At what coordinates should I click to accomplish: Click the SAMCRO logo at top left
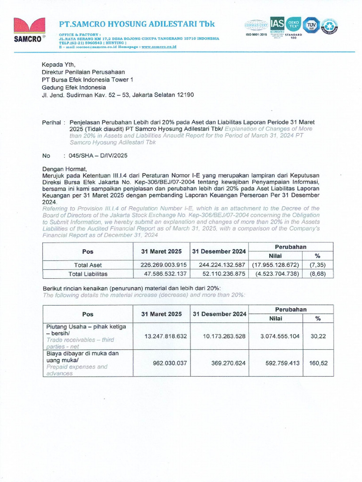pos(29,30)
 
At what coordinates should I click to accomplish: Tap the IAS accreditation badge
pos(276,25)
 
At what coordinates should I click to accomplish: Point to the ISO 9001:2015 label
pos(256,35)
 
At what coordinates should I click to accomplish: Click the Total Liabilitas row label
pos(88,273)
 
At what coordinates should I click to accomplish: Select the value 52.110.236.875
pos(219,273)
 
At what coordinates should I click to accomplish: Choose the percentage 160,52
pos(318,363)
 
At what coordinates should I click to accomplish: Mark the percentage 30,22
pos(318,336)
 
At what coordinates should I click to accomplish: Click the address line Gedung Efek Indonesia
pos(74,87)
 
